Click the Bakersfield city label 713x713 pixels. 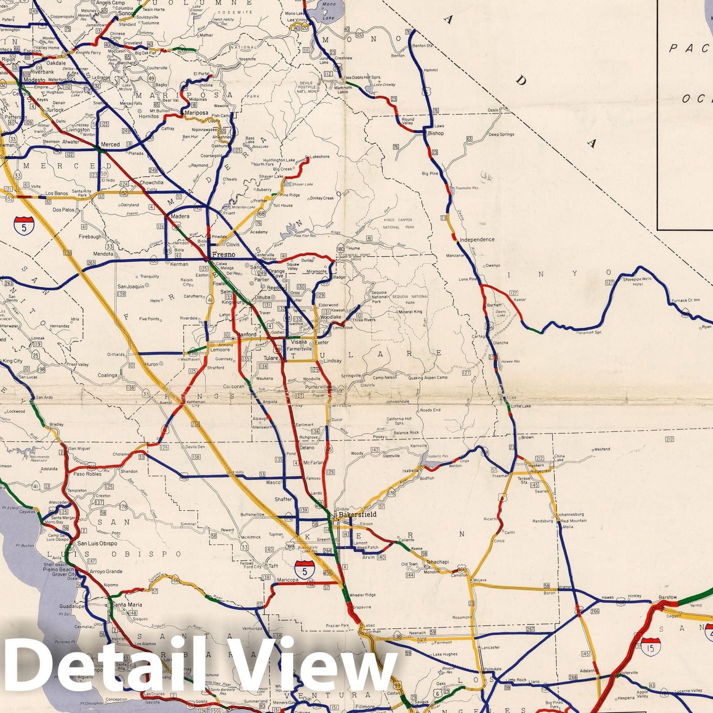click(x=357, y=514)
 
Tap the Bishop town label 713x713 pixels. click(x=436, y=133)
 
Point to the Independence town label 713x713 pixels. click(x=477, y=240)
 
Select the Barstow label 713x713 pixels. click(x=667, y=598)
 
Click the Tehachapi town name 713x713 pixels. click(x=437, y=562)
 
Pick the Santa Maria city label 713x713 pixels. click(x=127, y=605)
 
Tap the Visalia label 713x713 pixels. click(x=299, y=342)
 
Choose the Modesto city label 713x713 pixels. click(x=34, y=80)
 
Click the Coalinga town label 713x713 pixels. click(x=107, y=375)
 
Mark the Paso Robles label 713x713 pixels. click(x=88, y=474)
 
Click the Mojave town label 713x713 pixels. click(x=479, y=580)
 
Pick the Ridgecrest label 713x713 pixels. click(x=541, y=471)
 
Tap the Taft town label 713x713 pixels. click(x=273, y=566)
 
